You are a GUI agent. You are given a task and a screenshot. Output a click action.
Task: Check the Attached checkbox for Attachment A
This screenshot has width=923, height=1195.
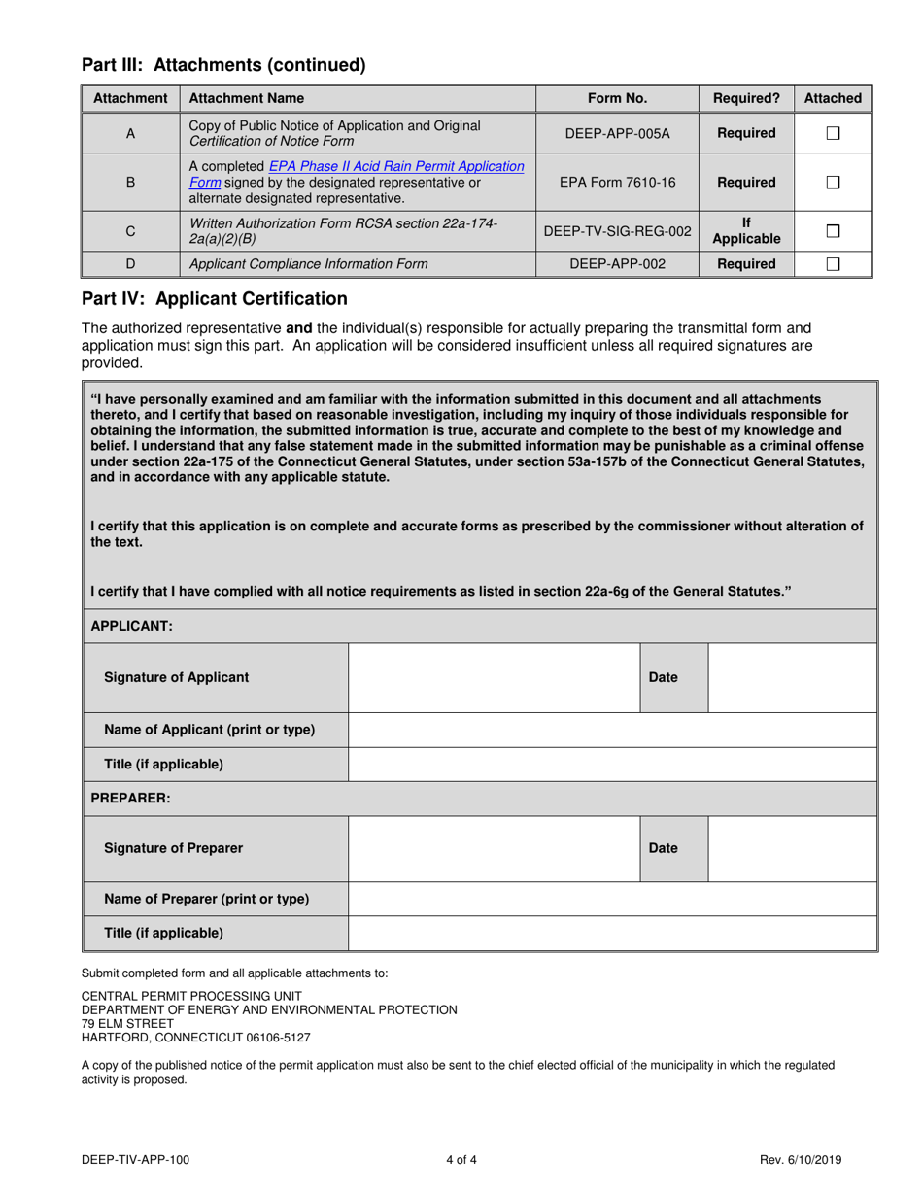[x=833, y=133]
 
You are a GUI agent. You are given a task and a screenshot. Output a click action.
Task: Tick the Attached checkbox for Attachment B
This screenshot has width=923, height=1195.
[x=833, y=182]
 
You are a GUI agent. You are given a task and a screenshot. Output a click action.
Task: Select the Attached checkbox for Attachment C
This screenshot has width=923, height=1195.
[x=833, y=231]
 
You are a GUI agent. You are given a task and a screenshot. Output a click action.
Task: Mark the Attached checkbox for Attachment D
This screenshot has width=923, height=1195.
[x=833, y=264]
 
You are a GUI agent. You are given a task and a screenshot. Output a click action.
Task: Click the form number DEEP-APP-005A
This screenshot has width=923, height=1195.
[x=617, y=133]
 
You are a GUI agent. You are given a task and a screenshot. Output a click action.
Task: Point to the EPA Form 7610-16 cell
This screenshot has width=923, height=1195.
[x=617, y=182]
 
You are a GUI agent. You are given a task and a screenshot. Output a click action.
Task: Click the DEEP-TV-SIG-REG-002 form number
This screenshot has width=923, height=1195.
[x=617, y=231]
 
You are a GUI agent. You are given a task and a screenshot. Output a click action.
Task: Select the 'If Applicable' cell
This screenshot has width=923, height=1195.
[x=746, y=231]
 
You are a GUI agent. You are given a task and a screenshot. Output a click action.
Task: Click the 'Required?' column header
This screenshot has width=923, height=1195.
[x=746, y=98]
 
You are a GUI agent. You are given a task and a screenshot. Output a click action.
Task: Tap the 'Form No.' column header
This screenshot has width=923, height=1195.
[x=617, y=98]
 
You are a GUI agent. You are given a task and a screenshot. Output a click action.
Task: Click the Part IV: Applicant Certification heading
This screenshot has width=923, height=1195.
[x=214, y=299]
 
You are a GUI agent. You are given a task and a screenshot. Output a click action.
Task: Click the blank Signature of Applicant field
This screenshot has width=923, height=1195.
[x=494, y=677]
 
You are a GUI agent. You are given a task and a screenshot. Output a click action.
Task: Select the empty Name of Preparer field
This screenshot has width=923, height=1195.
[x=612, y=899]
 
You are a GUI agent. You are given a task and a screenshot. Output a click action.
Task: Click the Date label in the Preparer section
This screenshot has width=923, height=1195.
[x=663, y=848]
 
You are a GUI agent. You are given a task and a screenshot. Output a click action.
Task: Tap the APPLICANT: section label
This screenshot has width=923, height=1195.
[x=131, y=627]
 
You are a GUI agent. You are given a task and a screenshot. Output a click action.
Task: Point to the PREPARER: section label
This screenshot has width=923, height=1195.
[x=130, y=799]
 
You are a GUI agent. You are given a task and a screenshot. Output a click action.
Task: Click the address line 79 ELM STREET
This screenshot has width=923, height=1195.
[x=127, y=1023]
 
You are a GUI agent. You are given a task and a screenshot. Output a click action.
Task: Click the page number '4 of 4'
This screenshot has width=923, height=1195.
[x=461, y=1159]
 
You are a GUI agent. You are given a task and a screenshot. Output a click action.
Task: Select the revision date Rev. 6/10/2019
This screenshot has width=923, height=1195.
[x=801, y=1159]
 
